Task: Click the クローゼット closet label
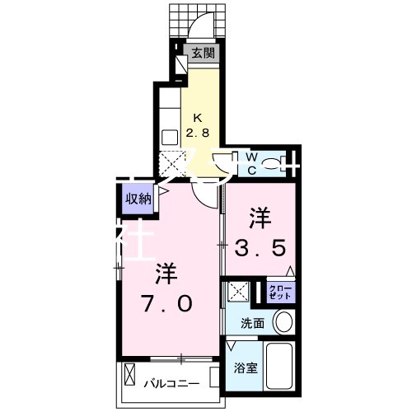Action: click(279, 292)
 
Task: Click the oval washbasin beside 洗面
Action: click(283, 321)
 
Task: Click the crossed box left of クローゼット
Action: click(240, 292)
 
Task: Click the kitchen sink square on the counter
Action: click(170, 138)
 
